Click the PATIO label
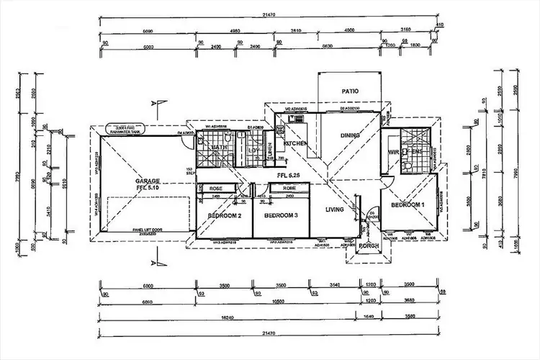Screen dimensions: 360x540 pos(351,91)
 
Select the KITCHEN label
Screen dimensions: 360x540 pos(296,145)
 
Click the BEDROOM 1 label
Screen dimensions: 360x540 pos(408,205)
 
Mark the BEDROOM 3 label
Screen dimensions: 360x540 pos(279,215)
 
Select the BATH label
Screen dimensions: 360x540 pos(219,148)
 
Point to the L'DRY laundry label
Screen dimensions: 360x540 pos(253,150)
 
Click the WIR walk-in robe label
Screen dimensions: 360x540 pos(394,153)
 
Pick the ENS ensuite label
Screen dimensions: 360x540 pos(415,152)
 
